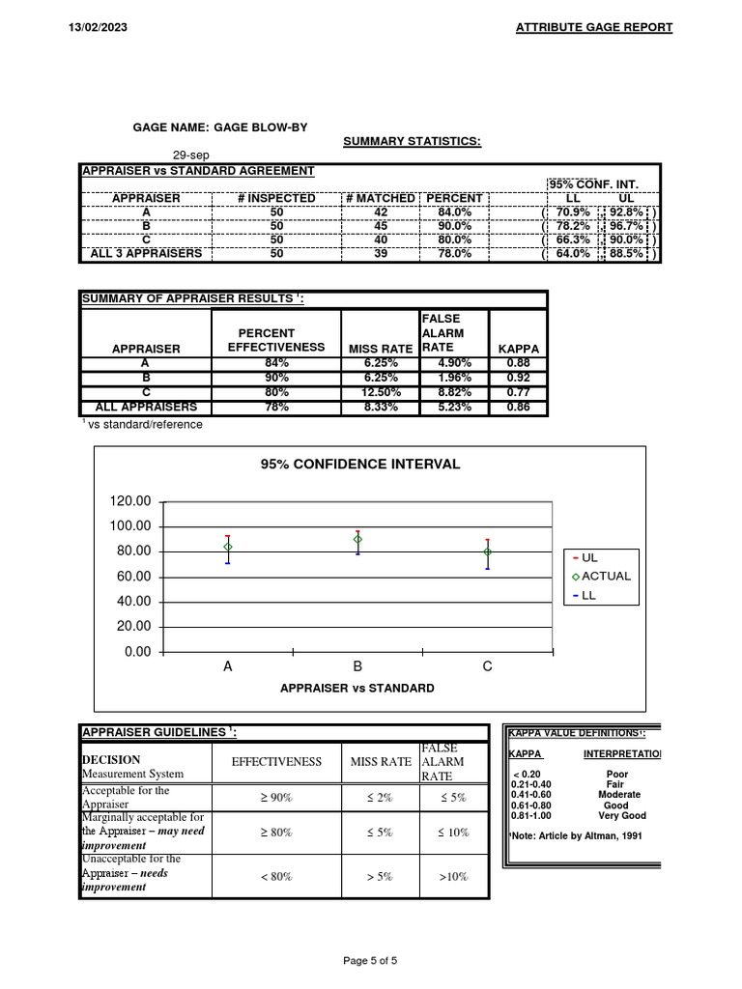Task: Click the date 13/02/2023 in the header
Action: coord(99,27)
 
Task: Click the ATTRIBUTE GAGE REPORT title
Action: coord(594,27)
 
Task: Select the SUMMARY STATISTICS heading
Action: coord(413,142)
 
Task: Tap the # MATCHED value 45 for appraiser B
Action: coord(381,225)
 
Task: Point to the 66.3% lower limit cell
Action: coord(573,240)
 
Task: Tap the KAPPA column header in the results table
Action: coord(518,348)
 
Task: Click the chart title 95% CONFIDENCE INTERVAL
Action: coord(360,464)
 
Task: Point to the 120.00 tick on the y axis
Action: coord(130,501)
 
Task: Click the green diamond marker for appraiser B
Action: coord(357,539)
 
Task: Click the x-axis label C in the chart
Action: coord(487,666)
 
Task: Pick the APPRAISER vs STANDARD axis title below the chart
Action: coord(357,689)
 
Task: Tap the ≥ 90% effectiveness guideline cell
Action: coord(276,797)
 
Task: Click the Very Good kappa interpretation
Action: coord(621,815)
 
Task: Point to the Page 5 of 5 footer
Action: coord(370,960)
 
